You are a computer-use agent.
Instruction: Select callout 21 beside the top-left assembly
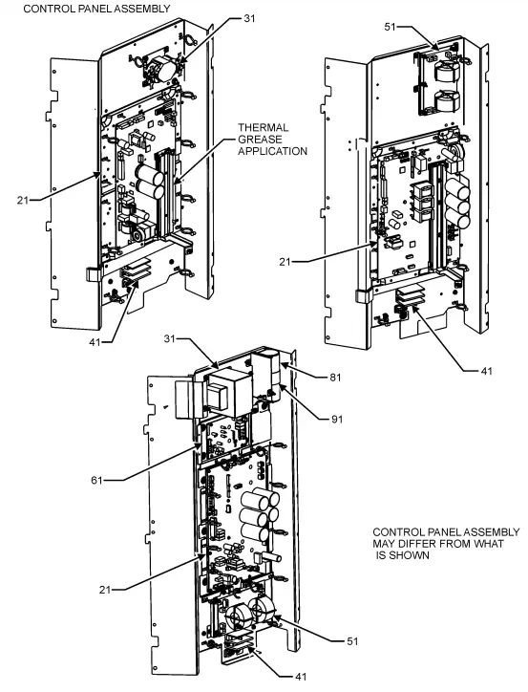click(x=21, y=200)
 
